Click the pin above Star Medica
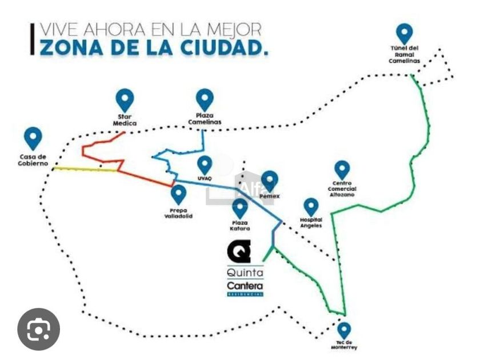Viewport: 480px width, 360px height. pyautogui.click(x=125, y=101)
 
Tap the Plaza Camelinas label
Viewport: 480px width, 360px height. pyautogui.click(x=204, y=118)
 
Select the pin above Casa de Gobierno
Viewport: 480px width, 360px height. pyautogui.click(x=34, y=138)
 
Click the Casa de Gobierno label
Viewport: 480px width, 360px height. pyautogui.click(x=33, y=160)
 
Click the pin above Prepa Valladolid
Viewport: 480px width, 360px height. pyautogui.click(x=179, y=194)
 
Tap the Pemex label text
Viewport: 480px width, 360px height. pyautogui.click(x=269, y=196)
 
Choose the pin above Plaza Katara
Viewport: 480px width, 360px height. pyautogui.click(x=241, y=208)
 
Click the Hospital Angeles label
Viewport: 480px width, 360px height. pyautogui.click(x=311, y=222)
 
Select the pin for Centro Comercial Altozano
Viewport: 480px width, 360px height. pyautogui.click(x=342, y=169)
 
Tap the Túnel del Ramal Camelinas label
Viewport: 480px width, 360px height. pyautogui.click(x=404, y=54)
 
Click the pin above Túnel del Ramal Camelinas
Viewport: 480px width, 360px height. pyautogui.click(x=404, y=33)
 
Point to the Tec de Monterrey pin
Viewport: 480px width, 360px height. pyautogui.click(x=344, y=329)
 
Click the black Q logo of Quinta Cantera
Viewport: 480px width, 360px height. pyautogui.click(x=238, y=251)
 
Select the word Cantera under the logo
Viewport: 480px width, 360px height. pyautogui.click(x=245, y=285)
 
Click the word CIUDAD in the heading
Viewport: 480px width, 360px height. pyautogui.click(x=221, y=47)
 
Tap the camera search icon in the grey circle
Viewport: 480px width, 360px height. pyautogui.click(x=39, y=329)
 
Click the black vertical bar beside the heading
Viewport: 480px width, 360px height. pyautogui.click(x=33, y=39)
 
